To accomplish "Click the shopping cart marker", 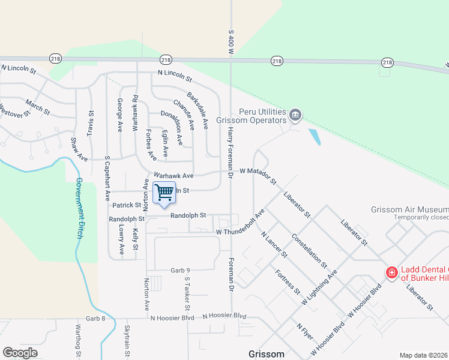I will click(x=164, y=193).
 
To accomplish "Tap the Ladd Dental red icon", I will click(x=391, y=272).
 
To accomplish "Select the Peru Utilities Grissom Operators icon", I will click(x=295, y=114).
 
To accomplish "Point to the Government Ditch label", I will click(x=79, y=209).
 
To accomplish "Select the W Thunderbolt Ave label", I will click(x=240, y=224).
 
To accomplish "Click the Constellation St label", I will click(x=309, y=250).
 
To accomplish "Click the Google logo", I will click(x=20, y=353).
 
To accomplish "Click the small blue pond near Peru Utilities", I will click(x=314, y=137).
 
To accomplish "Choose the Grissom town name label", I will click(x=267, y=354).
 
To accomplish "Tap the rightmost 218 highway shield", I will click(x=387, y=62).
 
